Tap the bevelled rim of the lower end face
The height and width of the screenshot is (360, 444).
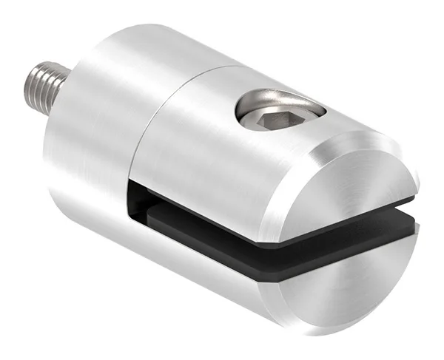pyautogui.click(x=311, y=296)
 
